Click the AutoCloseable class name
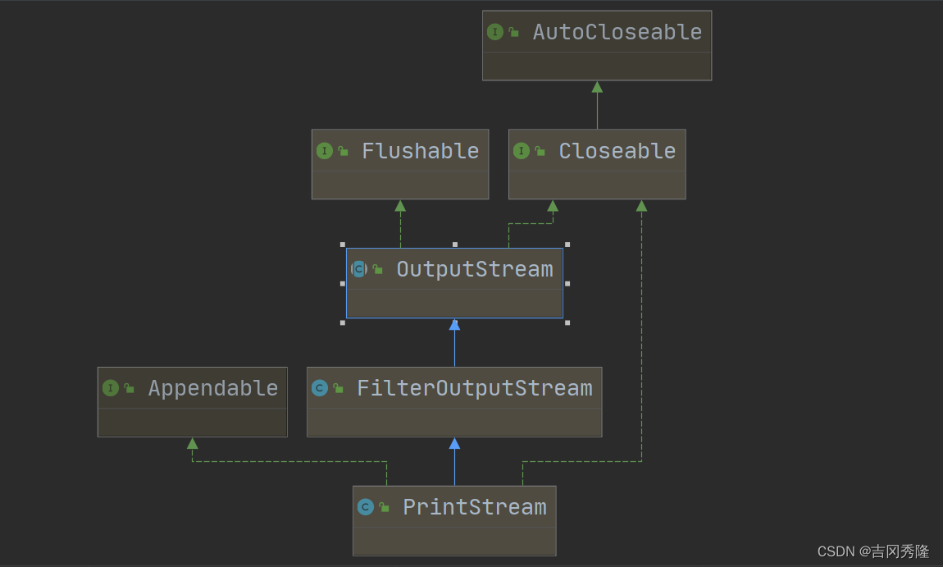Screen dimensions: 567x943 click(x=617, y=32)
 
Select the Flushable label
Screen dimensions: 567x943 click(x=420, y=151)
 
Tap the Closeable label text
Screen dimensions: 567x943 click(x=617, y=151)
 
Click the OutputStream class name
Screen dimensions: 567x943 click(x=474, y=269)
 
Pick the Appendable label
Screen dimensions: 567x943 click(x=212, y=388)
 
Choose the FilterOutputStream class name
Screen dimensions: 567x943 click(x=474, y=388)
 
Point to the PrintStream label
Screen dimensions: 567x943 click(x=474, y=507)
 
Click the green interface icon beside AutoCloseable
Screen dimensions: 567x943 click(x=494, y=32)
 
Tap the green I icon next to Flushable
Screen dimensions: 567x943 click(x=325, y=151)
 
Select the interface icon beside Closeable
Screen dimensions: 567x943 click(x=522, y=151)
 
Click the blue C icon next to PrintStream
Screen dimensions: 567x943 click(x=366, y=507)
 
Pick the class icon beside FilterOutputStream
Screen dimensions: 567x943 click(x=320, y=388)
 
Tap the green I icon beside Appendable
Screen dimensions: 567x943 click(x=111, y=388)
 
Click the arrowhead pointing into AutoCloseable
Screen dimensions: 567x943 click(x=597, y=87)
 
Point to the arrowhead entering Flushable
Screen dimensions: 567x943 click(x=400, y=206)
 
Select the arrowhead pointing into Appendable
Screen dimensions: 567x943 click(x=193, y=443)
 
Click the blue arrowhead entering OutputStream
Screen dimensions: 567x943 click(x=454, y=324)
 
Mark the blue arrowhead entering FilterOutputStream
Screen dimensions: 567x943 click(x=454, y=443)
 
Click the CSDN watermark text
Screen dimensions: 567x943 click(x=872, y=551)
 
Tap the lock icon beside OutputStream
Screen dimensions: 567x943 click(x=377, y=269)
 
